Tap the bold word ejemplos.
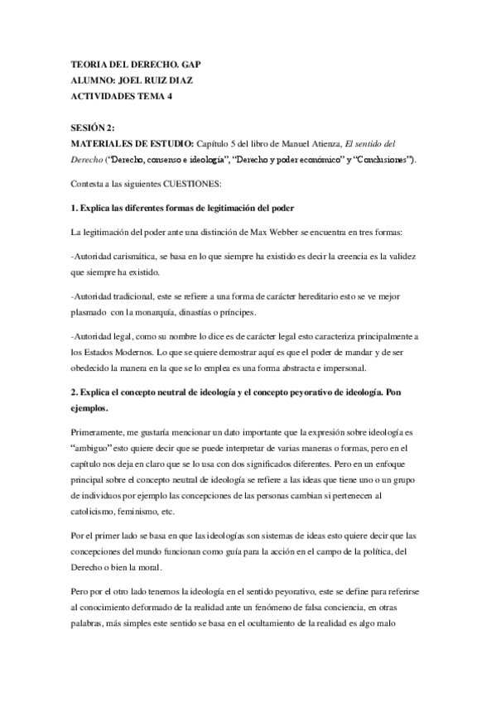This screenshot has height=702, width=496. click(95, 409)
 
